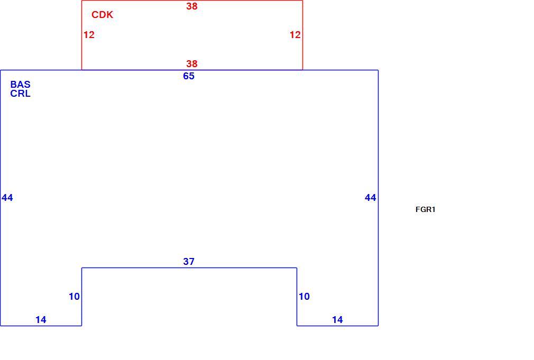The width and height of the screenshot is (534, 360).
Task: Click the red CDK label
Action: (102, 15)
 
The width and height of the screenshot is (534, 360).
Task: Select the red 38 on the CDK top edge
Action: (192, 6)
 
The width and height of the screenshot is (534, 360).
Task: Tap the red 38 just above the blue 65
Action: (192, 63)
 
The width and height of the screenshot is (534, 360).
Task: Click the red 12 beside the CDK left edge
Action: (89, 35)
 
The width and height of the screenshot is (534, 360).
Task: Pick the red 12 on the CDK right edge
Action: (295, 35)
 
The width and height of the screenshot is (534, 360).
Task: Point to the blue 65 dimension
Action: (189, 76)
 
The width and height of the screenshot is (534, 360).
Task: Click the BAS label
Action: (21, 85)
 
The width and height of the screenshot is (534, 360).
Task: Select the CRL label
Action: (21, 94)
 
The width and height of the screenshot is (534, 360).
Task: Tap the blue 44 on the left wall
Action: (7, 198)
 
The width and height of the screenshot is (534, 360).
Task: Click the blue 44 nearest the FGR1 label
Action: (371, 198)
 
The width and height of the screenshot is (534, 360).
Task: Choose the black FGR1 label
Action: (426, 209)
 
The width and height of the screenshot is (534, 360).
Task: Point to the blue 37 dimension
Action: (189, 261)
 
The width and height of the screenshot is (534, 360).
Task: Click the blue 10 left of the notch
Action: (74, 297)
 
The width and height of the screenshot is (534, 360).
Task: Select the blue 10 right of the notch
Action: (304, 297)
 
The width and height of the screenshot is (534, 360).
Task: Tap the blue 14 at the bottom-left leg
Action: (41, 319)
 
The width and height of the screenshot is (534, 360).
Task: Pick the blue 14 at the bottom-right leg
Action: (337, 319)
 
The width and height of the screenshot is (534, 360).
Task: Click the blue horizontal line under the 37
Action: (189, 267)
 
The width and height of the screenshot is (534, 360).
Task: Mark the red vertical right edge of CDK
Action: (302, 35)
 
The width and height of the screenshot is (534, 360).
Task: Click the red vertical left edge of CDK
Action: (82, 35)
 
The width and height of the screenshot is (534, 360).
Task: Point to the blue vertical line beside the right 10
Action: (297, 297)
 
